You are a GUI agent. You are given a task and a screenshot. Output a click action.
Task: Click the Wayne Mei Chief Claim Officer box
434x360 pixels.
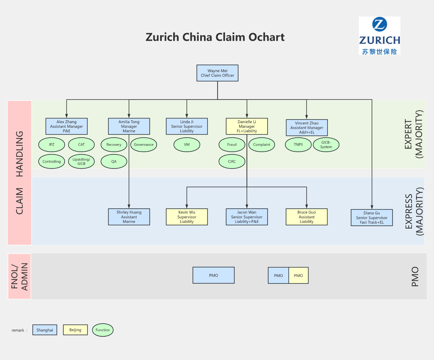217,73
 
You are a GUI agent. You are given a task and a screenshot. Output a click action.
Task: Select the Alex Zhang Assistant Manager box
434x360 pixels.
67,126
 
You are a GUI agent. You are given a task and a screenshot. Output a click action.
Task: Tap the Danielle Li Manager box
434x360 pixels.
247,126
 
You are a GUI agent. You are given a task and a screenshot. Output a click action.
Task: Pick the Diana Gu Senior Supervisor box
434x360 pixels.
372,217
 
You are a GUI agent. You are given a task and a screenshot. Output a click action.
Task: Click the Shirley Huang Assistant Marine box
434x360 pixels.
129,217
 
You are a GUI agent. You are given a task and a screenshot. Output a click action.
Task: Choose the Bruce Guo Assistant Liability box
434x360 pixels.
307,217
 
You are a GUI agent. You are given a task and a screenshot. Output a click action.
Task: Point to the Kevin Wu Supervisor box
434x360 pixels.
187,217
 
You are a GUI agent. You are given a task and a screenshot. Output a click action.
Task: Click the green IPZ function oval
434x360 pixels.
52,145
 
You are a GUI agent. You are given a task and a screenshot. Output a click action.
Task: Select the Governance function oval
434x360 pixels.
144,145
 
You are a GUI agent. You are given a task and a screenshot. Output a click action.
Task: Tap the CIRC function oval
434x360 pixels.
232,161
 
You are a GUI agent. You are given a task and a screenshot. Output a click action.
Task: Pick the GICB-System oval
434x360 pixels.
326,145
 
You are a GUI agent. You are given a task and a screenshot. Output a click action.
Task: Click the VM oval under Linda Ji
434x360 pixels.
187,145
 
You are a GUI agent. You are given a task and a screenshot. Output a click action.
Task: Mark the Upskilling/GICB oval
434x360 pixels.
81,161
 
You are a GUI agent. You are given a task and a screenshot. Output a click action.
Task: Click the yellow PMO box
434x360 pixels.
299,275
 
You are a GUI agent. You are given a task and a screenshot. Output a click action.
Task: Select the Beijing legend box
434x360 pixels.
75,330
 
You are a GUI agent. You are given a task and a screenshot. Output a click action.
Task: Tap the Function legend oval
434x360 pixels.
103,330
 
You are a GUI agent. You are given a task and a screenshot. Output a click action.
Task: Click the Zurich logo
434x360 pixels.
379,36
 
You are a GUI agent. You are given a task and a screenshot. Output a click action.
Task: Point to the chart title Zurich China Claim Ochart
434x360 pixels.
215,37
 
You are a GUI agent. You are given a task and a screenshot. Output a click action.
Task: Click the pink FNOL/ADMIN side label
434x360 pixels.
19,276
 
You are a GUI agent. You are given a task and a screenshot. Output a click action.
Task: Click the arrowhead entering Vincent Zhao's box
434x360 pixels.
307,117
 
